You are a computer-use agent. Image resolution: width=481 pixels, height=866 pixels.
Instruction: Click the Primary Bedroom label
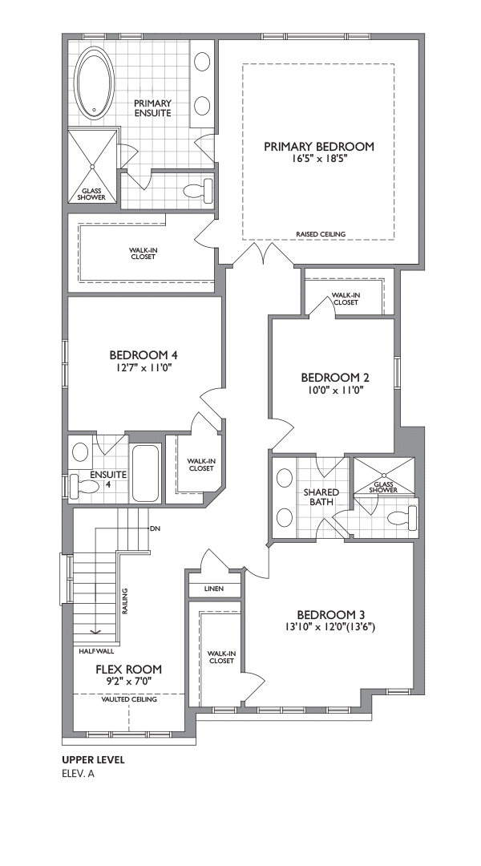(x=318, y=147)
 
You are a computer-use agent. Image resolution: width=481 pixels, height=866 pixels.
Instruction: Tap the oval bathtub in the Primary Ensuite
(x=94, y=83)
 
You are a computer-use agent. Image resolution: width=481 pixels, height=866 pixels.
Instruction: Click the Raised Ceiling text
(x=321, y=234)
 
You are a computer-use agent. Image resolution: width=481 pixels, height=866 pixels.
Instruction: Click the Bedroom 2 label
(x=334, y=378)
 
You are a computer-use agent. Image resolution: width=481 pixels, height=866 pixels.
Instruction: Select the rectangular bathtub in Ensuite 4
(x=146, y=473)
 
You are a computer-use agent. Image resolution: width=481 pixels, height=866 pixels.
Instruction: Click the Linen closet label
(x=214, y=589)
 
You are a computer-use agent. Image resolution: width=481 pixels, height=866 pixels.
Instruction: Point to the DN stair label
(x=155, y=528)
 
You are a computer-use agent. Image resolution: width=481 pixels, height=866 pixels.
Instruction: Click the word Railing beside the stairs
(x=125, y=601)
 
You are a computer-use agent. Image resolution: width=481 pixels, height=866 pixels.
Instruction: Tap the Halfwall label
(x=97, y=651)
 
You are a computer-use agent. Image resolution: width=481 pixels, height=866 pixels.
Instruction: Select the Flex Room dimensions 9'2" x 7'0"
(x=129, y=682)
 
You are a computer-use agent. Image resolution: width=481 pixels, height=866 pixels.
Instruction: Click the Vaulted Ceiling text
(x=129, y=699)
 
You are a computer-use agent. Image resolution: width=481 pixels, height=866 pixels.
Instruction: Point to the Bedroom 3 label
(x=331, y=615)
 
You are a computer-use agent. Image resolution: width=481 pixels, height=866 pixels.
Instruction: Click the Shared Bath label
(x=321, y=497)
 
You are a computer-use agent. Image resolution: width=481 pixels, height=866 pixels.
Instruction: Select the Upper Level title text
(x=93, y=760)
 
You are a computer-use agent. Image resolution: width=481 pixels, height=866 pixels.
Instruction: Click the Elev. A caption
(x=79, y=773)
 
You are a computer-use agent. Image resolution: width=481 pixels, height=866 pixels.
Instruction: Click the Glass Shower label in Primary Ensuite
(x=91, y=194)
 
